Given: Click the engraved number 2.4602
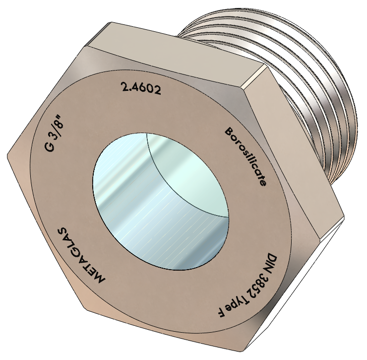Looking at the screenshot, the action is pyautogui.click(x=141, y=88).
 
